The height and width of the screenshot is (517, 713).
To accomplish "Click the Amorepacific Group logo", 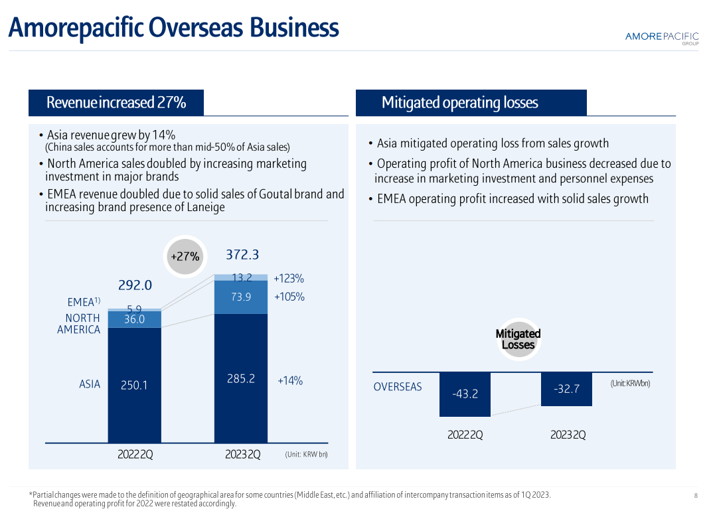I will (x=662, y=37).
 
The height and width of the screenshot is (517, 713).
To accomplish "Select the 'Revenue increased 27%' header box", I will (x=116, y=103).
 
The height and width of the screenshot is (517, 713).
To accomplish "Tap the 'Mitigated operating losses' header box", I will (x=471, y=103).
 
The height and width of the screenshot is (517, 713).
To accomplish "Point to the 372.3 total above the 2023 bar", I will (x=242, y=255).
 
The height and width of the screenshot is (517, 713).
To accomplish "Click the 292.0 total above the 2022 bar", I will (x=135, y=285).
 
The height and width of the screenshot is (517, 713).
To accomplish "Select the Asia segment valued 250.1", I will (x=135, y=385).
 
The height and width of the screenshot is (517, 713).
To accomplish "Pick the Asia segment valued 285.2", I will (x=241, y=379).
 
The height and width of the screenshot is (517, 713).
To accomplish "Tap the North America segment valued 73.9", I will (x=241, y=297).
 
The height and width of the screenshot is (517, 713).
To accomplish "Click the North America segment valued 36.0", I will (x=135, y=319).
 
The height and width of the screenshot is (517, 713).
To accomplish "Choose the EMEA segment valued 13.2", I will (x=241, y=277).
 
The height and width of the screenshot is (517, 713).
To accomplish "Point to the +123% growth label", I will (x=289, y=279).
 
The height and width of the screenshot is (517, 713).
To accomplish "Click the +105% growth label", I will (x=289, y=297).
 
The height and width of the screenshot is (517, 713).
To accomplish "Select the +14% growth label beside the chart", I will (x=290, y=381).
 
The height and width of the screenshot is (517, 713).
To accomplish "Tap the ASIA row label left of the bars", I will (x=90, y=384).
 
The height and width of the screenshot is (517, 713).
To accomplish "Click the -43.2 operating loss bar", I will (x=465, y=394).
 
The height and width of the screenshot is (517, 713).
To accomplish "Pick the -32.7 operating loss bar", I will (x=566, y=389).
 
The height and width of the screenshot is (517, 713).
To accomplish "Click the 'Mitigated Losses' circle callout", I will (x=518, y=339).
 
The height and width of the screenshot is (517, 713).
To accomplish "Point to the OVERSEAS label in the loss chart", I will (x=398, y=387).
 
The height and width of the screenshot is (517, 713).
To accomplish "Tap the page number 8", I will (x=696, y=496).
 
